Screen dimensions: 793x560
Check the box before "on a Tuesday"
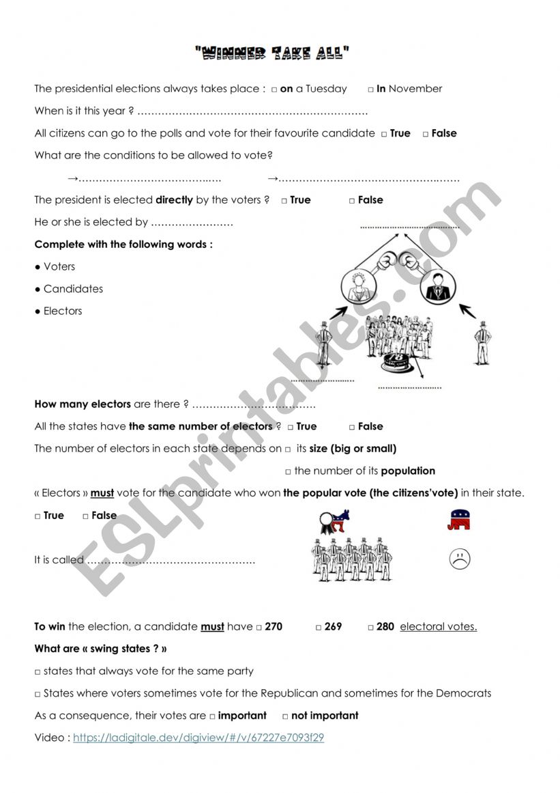274,89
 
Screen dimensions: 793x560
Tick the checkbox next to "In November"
371,89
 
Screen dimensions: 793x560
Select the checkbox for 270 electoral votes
259,627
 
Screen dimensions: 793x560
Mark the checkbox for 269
319,627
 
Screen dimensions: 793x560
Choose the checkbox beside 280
370,627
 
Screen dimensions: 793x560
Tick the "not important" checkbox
286,717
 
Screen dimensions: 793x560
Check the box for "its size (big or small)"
288,449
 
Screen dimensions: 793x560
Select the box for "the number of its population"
288,471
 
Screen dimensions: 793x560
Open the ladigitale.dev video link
198,738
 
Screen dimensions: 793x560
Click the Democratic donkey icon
334,520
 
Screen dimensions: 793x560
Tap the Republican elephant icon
459,520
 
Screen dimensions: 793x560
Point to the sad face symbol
460,559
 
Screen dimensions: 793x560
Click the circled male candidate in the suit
434,287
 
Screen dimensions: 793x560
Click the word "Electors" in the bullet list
63,311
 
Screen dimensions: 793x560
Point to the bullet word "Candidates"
73,289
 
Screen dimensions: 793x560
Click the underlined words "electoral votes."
439,626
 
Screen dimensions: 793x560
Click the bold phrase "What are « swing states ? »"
101,649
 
